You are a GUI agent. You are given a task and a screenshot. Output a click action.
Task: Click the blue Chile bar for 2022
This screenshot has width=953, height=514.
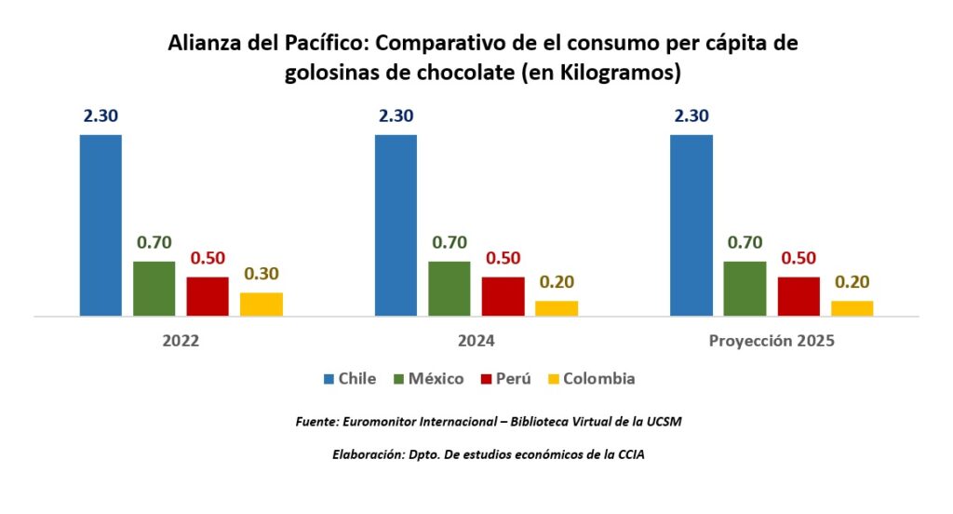(x=101, y=225)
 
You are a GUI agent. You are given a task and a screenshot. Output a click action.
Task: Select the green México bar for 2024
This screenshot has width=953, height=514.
(x=449, y=289)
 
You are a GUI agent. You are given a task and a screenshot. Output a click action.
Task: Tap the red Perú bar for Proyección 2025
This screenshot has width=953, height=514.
(x=799, y=296)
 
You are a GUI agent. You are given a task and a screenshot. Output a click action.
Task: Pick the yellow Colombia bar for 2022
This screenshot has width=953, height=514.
(x=262, y=304)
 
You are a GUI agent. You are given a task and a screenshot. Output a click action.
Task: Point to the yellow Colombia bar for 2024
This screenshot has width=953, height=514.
(x=557, y=308)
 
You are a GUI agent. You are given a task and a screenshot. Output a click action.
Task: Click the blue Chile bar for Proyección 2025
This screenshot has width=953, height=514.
(x=691, y=225)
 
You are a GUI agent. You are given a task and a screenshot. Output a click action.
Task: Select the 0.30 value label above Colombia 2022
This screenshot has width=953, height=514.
(x=262, y=274)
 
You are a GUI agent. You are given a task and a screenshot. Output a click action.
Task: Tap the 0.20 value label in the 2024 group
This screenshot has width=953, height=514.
(x=557, y=282)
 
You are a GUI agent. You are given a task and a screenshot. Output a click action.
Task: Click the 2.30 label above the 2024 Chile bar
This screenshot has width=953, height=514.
(x=396, y=116)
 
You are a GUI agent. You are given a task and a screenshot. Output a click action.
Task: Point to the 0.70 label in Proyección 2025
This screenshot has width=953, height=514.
(x=744, y=243)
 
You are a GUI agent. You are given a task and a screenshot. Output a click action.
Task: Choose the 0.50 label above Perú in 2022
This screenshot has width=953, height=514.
(x=208, y=259)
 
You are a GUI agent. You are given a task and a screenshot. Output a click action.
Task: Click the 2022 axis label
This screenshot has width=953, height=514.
(x=181, y=342)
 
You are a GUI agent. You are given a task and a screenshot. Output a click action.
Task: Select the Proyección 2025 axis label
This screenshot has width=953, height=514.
(x=772, y=342)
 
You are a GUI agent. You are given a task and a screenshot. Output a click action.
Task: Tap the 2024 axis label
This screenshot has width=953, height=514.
(x=476, y=342)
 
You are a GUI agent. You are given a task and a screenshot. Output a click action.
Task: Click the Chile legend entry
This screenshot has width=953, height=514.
(x=350, y=379)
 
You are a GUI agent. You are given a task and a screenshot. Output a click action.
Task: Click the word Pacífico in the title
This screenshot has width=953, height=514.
(x=323, y=44)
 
